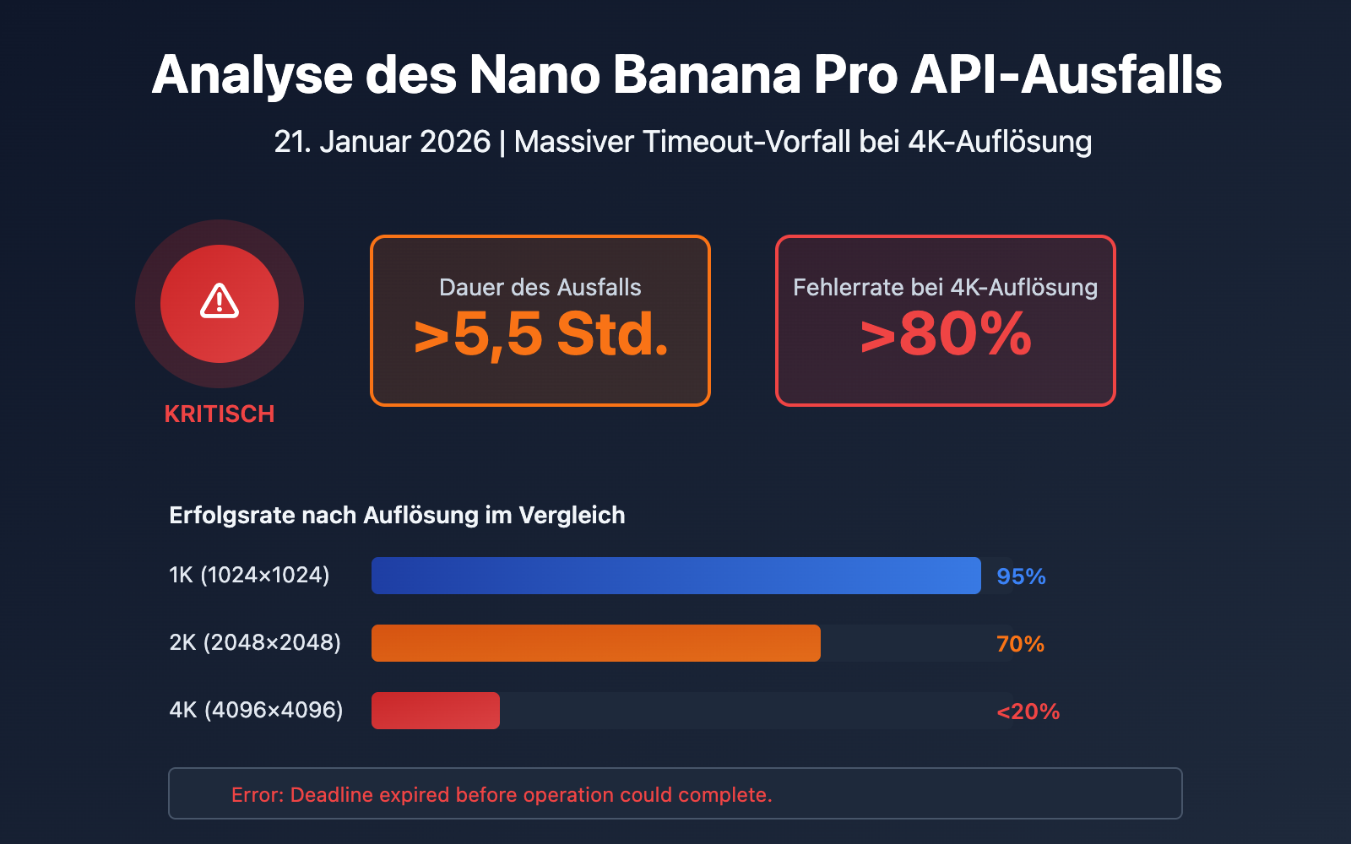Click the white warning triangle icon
pos(220,301)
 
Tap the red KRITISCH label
pos(220,414)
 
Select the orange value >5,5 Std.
pos(540,335)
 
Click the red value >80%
pos(946,335)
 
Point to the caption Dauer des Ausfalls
pos(540,287)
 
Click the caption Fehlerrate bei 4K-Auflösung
pos(946,287)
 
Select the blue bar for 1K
pos(675,576)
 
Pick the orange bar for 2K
pos(595,643)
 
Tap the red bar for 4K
pos(436,711)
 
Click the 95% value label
pos(1021,576)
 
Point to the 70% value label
pos(1020,644)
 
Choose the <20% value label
pos(1028,711)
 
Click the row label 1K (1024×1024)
pos(249,575)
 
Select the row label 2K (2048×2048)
pos(255,642)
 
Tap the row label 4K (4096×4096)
pos(256,710)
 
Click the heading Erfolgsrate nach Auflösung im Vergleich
pos(397,515)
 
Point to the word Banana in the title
pos(706,74)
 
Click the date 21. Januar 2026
pos(382,141)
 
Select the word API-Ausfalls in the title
pos(1066,74)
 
